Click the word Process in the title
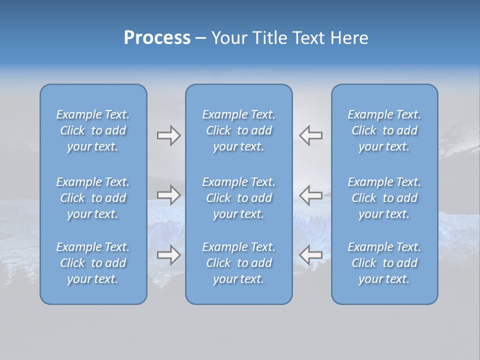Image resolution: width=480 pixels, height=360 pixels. [157, 38]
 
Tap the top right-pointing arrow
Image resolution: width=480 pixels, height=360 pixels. [168, 135]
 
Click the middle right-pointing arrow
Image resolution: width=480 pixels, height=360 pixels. [168, 195]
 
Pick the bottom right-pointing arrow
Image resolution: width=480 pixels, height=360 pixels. [168, 255]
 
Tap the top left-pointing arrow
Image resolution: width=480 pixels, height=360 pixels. [310, 135]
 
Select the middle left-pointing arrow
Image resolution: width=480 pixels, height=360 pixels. [310, 195]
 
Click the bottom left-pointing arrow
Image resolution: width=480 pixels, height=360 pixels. [310, 255]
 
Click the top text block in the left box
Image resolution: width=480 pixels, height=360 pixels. [93, 130]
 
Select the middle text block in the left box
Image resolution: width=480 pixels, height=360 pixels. [93, 198]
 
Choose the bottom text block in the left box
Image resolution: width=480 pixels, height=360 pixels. [93, 263]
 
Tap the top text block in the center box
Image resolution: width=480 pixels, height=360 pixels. [238, 130]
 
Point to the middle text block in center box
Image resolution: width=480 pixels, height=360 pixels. [238, 198]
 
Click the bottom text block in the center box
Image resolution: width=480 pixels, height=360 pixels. [238, 263]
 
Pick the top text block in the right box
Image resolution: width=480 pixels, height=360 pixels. [384, 130]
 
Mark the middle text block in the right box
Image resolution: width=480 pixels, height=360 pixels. [384, 198]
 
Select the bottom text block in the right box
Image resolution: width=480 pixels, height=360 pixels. [384, 263]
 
